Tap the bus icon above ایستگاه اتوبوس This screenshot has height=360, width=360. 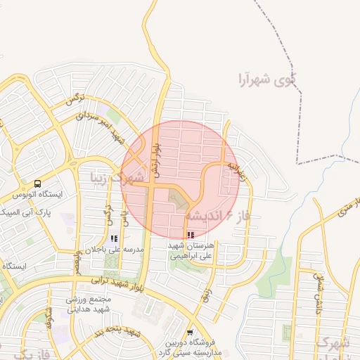click(37, 184)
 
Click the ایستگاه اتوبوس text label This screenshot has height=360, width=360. click(41, 194)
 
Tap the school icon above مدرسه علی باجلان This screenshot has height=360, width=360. click(114, 239)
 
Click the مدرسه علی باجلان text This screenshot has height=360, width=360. click(114, 250)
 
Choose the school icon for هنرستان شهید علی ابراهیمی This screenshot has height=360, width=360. click(191, 235)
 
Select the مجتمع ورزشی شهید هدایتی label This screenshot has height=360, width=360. click(89, 304)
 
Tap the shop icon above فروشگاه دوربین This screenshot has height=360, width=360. click(190, 333)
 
